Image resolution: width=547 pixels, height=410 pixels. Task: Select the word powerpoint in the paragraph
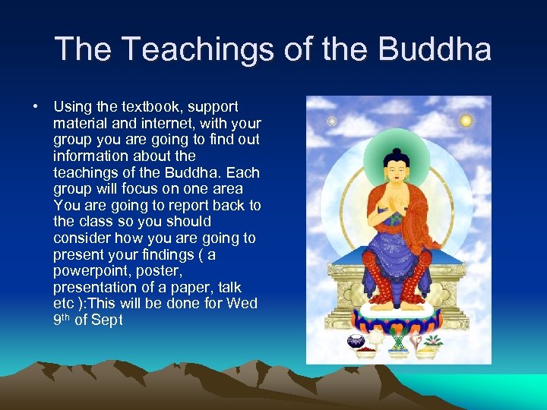coord(88,271)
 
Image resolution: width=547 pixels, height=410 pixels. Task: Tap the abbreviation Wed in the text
coord(244,304)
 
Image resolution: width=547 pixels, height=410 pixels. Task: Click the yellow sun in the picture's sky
coord(466,121)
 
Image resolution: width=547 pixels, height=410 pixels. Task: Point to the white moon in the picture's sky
coord(331,121)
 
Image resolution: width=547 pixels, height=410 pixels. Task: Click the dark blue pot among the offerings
coord(356,342)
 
